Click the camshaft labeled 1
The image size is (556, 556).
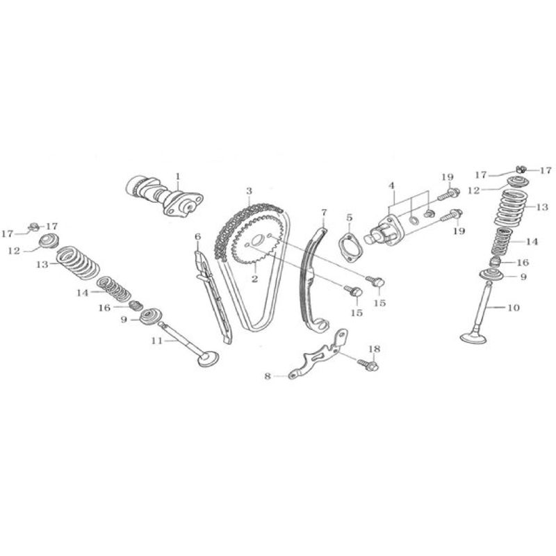(164, 197)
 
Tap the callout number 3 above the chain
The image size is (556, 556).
(249, 192)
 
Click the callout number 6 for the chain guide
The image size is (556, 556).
(197, 236)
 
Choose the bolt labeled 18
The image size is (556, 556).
(368, 364)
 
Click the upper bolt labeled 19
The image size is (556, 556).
(449, 194)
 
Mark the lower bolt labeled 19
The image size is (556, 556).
(451, 215)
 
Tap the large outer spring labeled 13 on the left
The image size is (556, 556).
(78, 263)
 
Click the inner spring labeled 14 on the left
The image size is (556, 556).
(114, 288)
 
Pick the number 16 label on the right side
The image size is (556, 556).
(523, 263)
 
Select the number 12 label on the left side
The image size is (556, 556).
(14, 251)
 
